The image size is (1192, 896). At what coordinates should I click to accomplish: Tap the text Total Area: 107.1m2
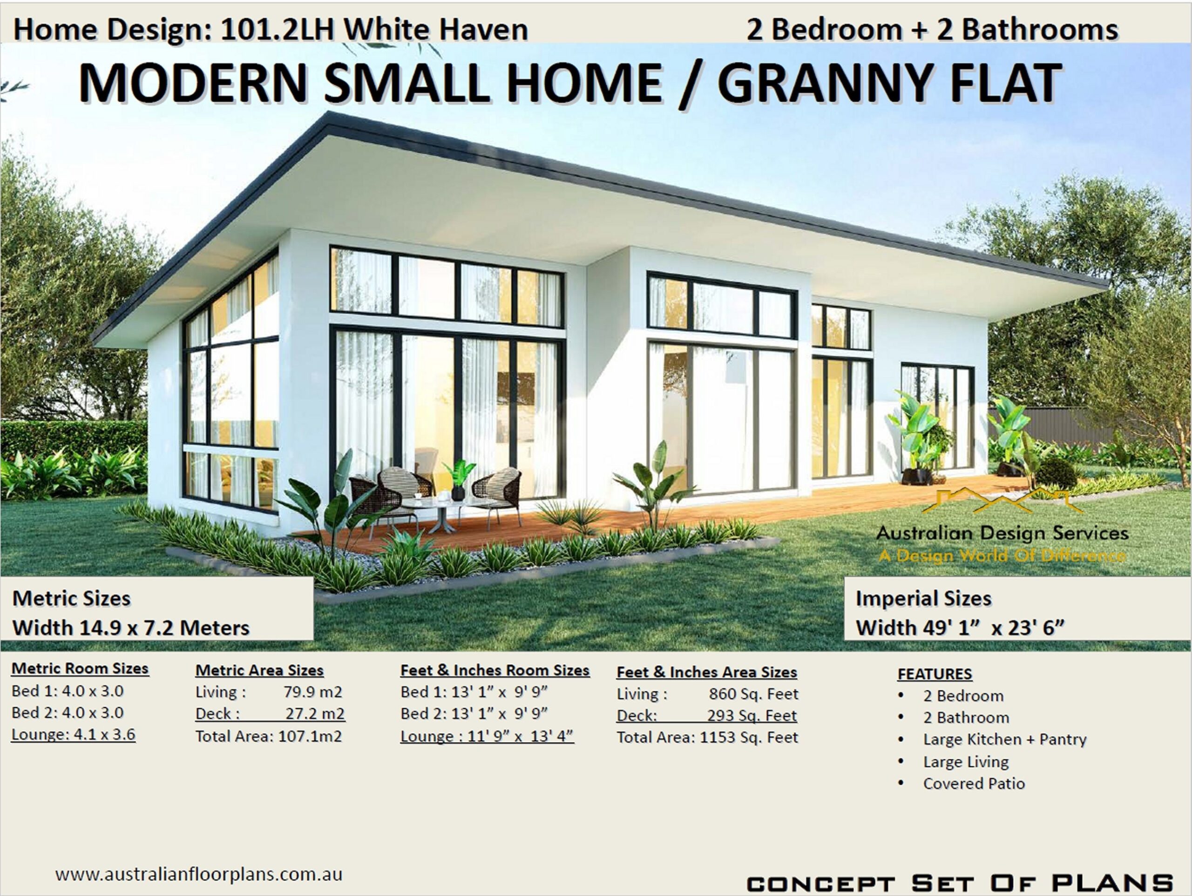point(268,736)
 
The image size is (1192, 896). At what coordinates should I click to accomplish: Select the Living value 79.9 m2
point(312,692)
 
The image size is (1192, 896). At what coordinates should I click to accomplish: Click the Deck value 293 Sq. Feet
point(752,715)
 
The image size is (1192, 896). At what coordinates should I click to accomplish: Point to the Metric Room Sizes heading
point(80,669)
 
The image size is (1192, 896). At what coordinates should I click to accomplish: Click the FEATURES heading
point(935,674)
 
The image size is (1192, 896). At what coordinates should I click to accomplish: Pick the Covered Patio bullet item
point(974,784)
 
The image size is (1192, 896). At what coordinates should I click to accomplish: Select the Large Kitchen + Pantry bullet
point(1004,740)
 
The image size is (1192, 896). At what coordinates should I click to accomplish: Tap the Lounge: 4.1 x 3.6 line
point(73,735)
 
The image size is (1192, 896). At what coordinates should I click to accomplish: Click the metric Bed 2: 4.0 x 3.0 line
point(68,713)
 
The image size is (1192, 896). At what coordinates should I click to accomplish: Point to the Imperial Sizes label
point(923,599)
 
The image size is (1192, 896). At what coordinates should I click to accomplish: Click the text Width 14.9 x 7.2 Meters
point(131,628)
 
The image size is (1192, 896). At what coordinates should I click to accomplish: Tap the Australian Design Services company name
point(1002,533)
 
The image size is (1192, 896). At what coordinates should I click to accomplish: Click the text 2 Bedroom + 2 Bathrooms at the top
point(932,30)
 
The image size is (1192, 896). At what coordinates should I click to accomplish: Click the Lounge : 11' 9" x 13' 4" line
point(487,736)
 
